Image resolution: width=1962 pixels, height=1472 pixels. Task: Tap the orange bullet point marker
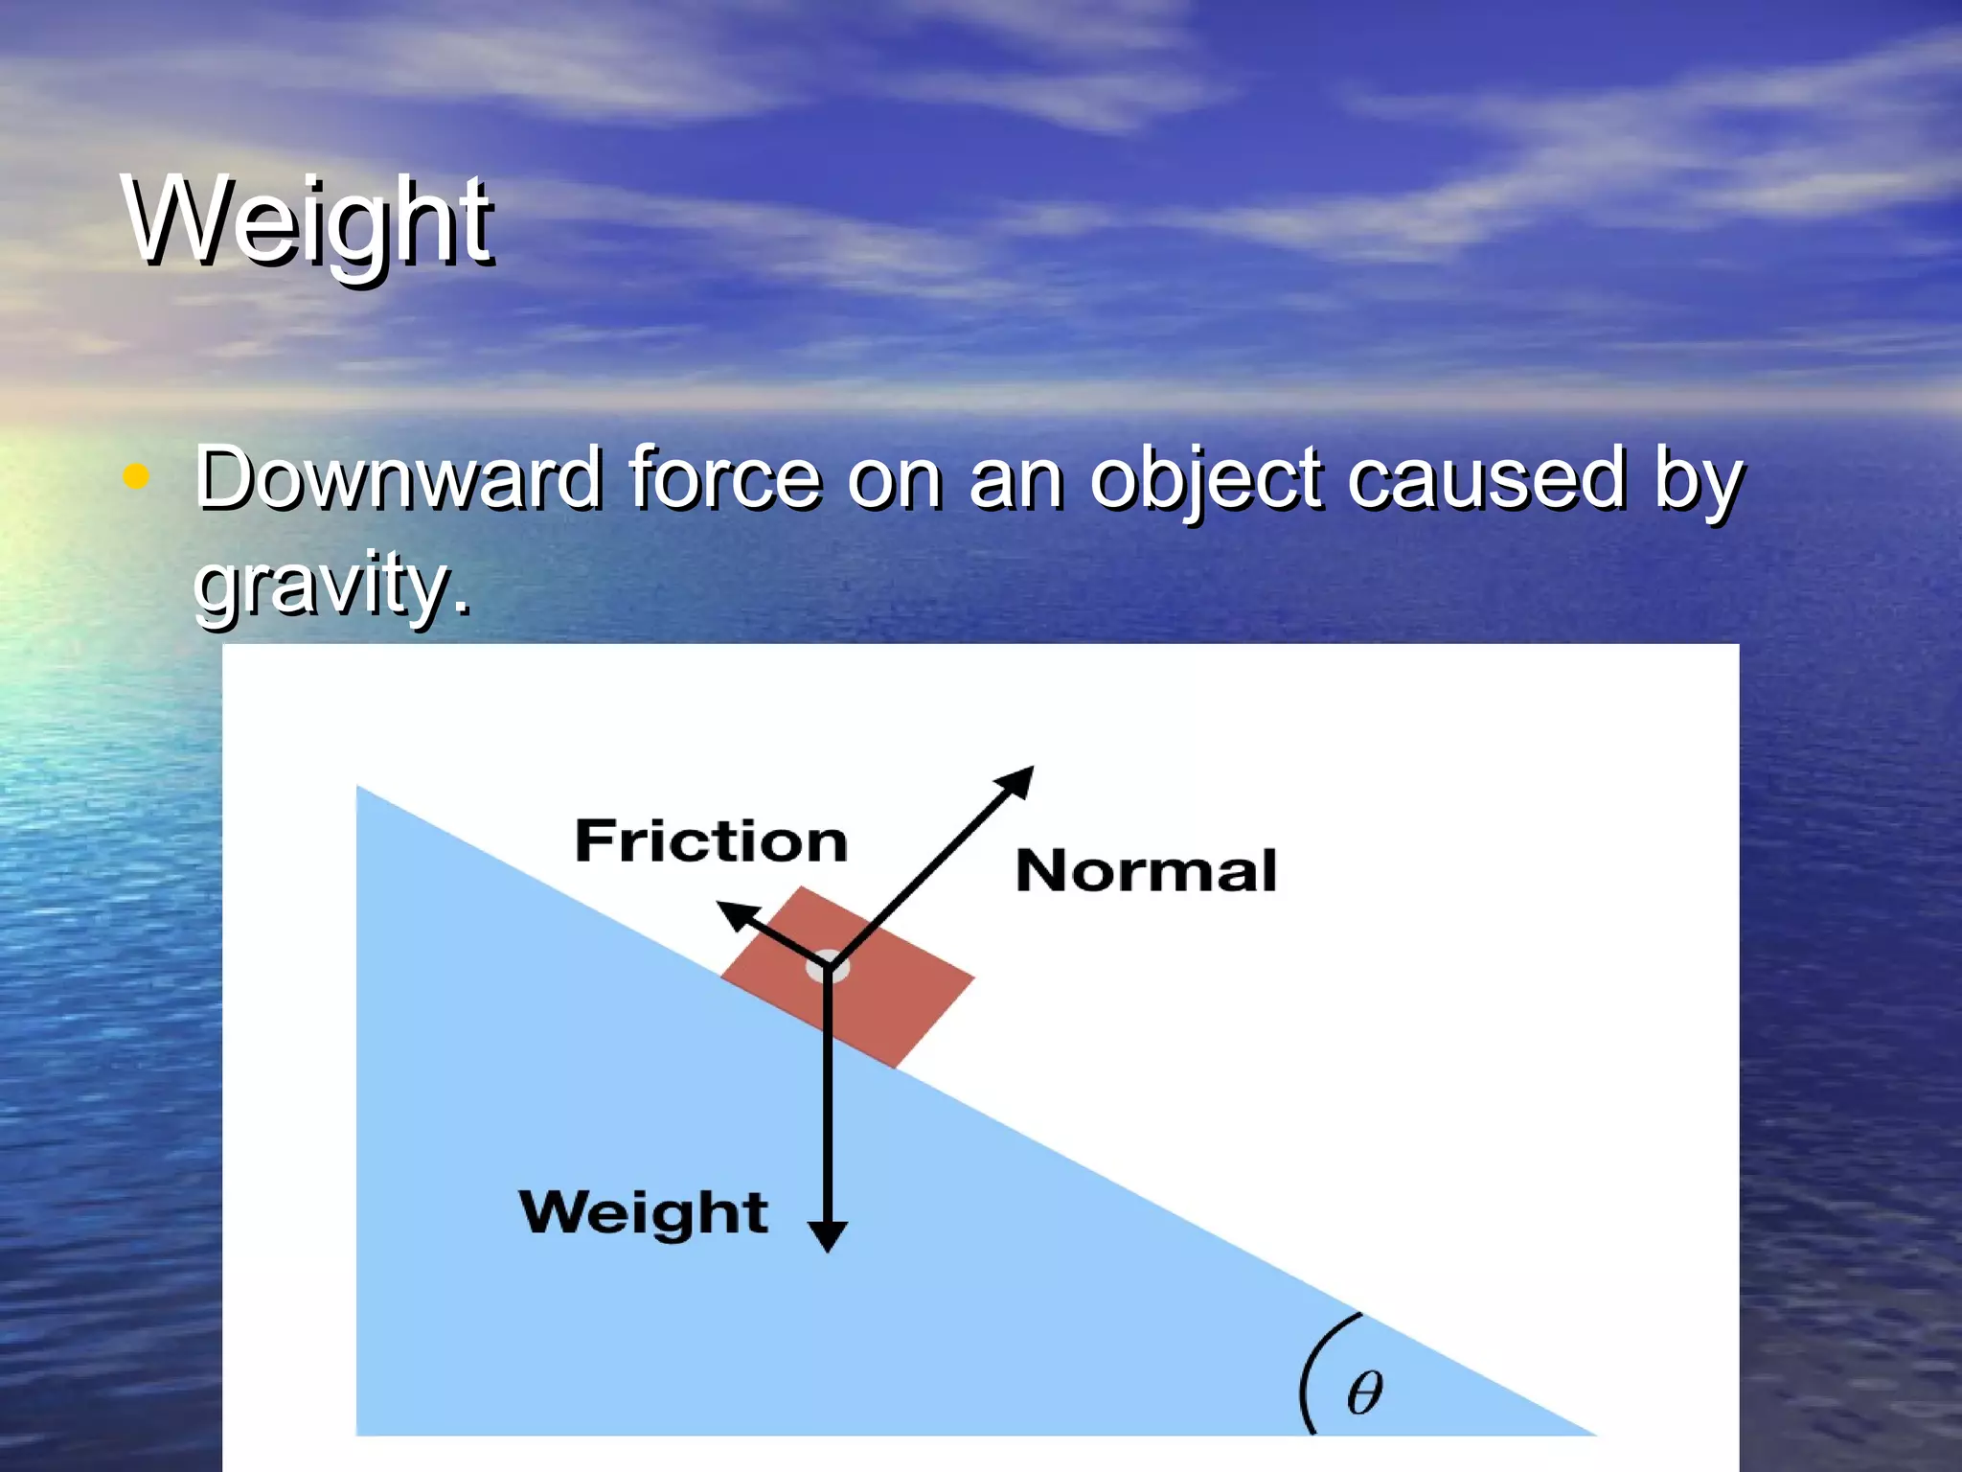(137, 476)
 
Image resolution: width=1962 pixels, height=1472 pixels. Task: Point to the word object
(1206, 479)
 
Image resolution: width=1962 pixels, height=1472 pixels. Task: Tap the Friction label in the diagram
(711, 841)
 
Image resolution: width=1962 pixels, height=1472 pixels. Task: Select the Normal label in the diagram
(1146, 870)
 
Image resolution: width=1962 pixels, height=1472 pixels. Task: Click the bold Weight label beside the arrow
(643, 1212)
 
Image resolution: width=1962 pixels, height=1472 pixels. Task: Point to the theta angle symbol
(1364, 1392)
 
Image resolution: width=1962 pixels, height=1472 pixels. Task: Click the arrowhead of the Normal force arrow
(1019, 779)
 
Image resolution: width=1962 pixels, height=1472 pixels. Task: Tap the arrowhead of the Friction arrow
(735, 913)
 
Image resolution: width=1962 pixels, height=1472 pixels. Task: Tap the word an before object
(1015, 479)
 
